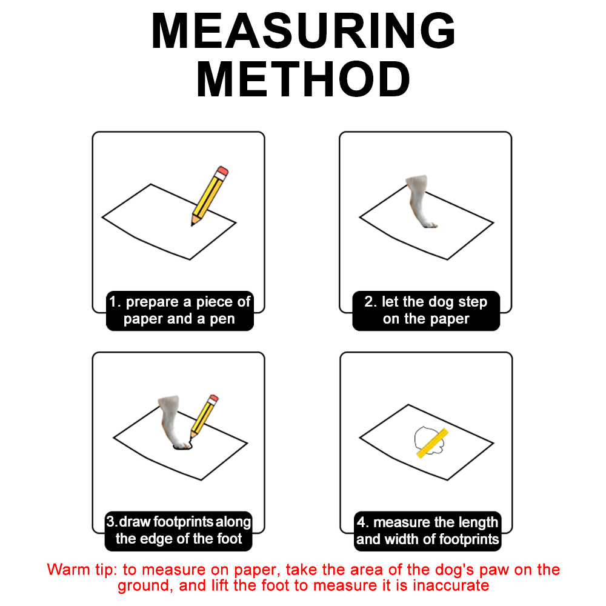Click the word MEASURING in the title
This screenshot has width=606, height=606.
click(304, 31)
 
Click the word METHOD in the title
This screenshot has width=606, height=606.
click(304, 79)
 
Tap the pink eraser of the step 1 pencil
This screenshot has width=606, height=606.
click(223, 170)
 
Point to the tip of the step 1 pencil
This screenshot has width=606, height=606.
click(192, 225)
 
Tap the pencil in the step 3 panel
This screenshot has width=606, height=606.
click(204, 417)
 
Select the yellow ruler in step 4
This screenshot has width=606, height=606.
click(433, 443)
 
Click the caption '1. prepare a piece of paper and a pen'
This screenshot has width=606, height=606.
click(180, 310)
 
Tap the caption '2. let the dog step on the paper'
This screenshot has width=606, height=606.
click(426, 310)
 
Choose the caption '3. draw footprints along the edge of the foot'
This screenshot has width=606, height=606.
click(179, 531)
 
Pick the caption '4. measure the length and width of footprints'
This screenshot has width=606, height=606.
click(427, 531)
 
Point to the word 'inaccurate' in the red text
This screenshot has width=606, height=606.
click(451, 586)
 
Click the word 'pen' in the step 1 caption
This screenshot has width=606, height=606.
click(222, 319)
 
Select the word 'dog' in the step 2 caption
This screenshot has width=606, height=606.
click(434, 302)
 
